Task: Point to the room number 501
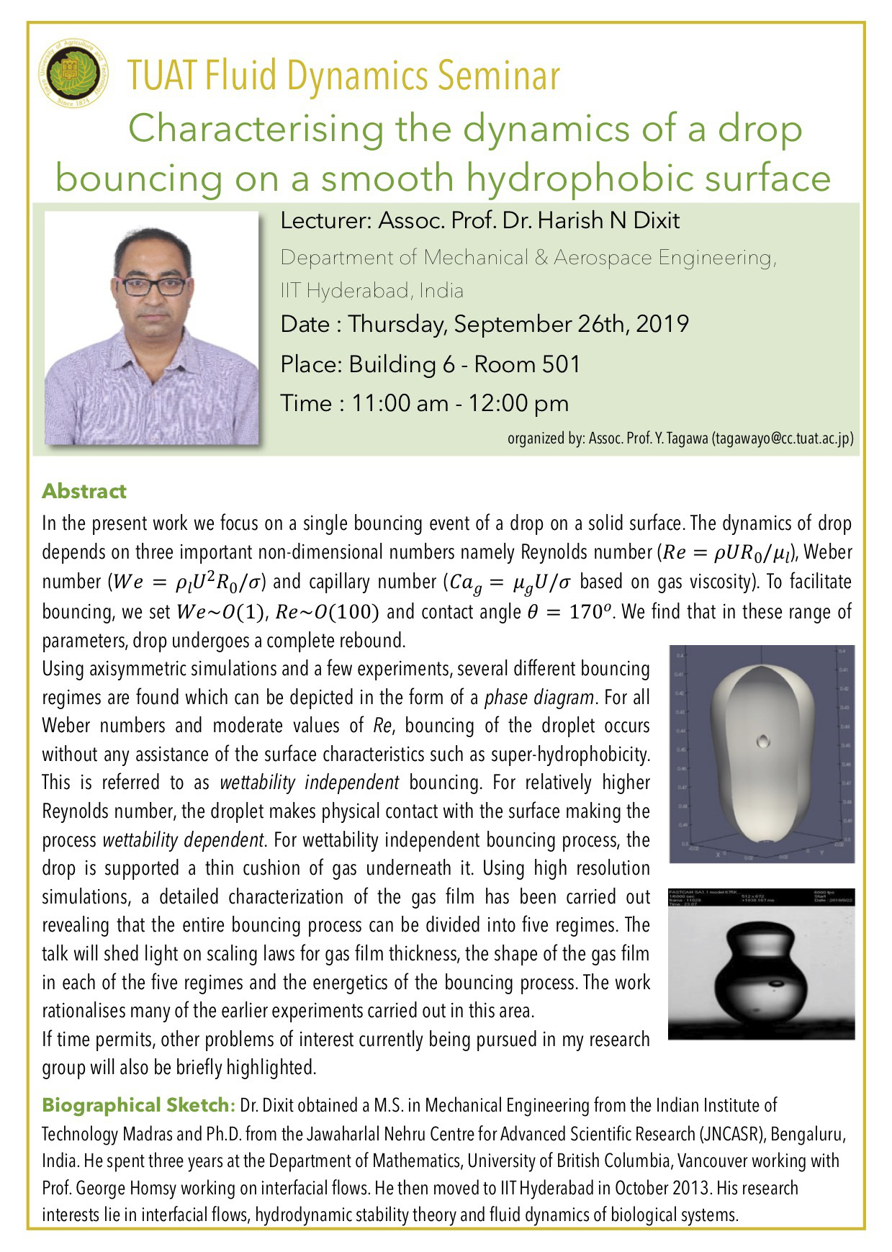coord(561,364)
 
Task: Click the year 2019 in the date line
coord(662,324)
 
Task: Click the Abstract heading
coord(84,491)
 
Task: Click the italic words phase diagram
coord(539,697)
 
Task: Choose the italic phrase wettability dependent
coord(183,840)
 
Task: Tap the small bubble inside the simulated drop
coord(763,740)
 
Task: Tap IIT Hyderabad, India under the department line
coord(371,291)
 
